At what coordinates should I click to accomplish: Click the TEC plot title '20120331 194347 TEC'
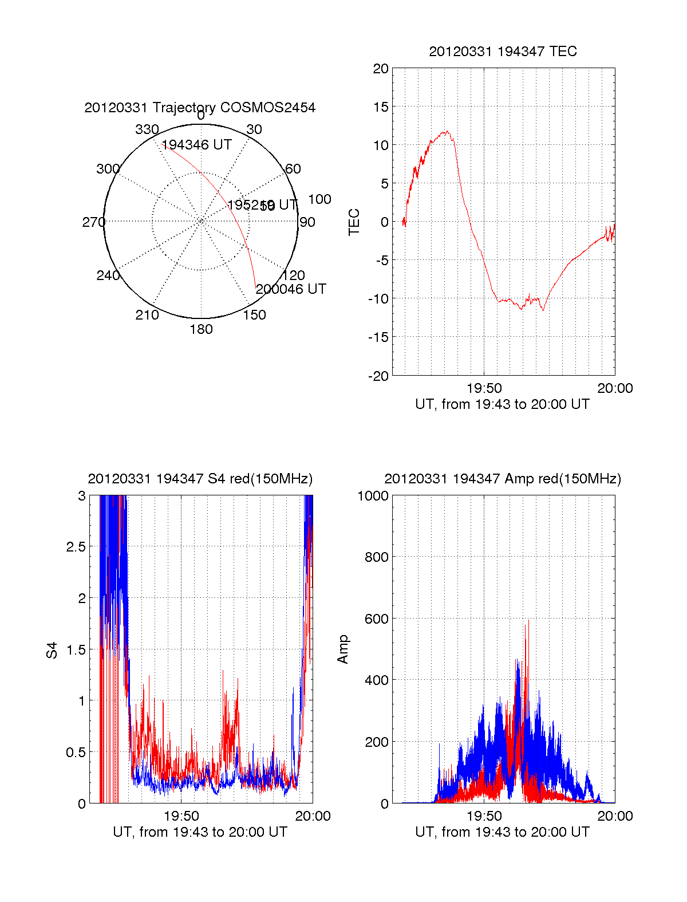pos(503,52)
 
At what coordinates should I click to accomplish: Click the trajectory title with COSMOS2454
pos(200,108)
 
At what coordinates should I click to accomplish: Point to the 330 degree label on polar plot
pos(147,129)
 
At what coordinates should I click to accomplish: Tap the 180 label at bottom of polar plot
pos(201,329)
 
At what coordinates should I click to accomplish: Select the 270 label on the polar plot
pos(93,222)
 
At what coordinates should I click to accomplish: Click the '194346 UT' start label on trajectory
pos(197,145)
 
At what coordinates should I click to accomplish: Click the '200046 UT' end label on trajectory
pos(291,289)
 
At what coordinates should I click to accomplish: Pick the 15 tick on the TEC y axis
pos(381,107)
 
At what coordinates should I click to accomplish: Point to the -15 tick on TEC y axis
pos(378,337)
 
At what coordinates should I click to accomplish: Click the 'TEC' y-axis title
pos(354,222)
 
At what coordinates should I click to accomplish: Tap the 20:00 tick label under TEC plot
pos(615,388)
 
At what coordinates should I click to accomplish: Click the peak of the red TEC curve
pos(446,132)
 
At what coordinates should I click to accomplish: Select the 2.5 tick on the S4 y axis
pos(76,547)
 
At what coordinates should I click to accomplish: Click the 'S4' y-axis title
pos(52,650)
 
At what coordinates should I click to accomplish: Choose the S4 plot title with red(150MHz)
pos(200,479)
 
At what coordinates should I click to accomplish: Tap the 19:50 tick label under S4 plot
pos(181,816)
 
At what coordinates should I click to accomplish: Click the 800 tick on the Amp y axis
pos(376,557)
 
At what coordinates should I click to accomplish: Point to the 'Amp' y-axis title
pos(343,649)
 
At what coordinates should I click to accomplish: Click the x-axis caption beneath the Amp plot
pos(502,832)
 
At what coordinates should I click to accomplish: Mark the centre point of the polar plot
pos(201,221)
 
